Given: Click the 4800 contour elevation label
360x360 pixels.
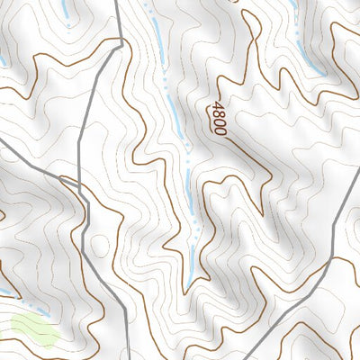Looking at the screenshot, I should (x=218, y=119).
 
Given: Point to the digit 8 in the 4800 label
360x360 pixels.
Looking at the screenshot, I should (x=216, y=115).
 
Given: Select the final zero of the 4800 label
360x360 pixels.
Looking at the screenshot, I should (x=220, y=130).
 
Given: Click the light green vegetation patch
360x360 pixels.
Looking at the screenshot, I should (x=34, y=329).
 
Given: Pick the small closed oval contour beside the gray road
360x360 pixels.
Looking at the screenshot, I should (x=100, y=245).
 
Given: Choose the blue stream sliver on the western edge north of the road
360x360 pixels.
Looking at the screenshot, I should (x=3, y=61).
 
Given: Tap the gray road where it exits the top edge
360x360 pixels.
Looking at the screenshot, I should (x=117, y=3).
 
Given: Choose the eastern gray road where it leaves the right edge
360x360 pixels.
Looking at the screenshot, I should (x=357, y=186).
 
